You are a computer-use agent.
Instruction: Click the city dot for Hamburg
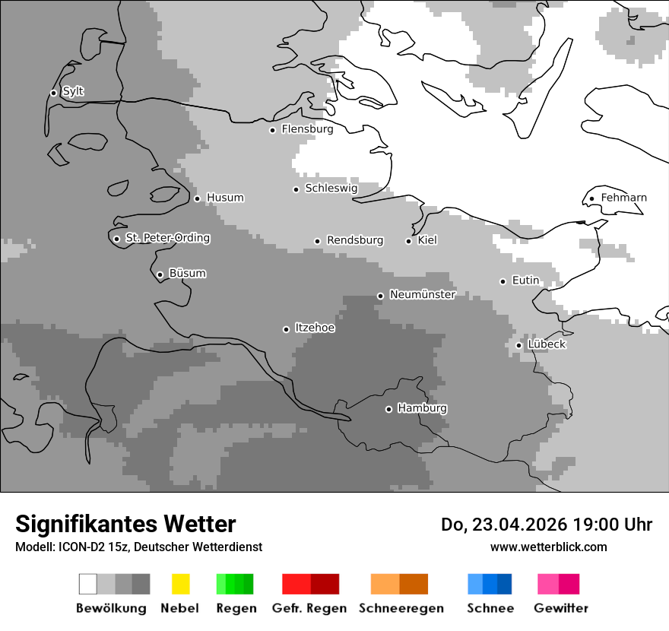point(388,409)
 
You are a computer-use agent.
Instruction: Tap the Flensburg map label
point(307,129)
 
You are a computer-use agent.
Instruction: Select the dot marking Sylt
point(53,93)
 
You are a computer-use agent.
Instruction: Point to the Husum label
point(225,198)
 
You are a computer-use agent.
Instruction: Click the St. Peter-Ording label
point(167,238)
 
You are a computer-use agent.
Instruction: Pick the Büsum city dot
point(160,274)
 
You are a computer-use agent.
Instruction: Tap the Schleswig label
point(331,188)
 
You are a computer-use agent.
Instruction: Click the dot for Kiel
point(408,241)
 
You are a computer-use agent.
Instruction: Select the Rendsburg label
point(355,240)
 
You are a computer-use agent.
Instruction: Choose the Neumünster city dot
point(380,296)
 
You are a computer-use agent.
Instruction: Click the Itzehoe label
point(315,328)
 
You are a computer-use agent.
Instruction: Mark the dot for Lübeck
point(518,345)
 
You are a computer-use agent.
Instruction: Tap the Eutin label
point(525,281)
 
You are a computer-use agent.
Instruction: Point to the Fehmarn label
point(623,198)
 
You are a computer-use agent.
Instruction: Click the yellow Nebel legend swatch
point(180,584)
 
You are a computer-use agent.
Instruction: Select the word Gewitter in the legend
point(561,608)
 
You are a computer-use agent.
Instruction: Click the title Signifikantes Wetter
point(125,524)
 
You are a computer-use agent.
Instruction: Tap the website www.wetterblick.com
point(548,547)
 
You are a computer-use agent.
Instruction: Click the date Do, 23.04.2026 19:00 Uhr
point(546,525)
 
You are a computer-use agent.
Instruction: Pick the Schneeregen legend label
point(401,608)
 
